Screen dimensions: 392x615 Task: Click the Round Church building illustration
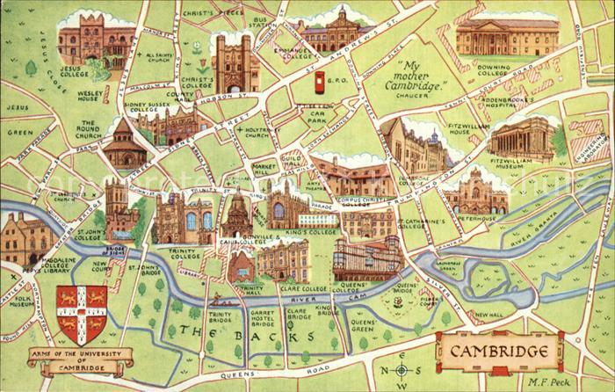click(x=123, y=146)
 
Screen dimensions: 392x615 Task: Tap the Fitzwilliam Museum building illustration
click(x=522, y=140)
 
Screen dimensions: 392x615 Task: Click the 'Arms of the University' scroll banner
click(x=80, y=358)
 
